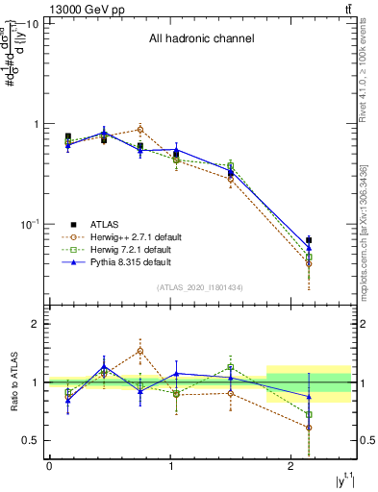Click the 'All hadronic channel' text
(201, 39)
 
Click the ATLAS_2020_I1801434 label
(200, 287)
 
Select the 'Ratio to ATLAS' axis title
(13, 382)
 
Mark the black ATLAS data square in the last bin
(309, 240)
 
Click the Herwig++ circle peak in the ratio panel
(140, 351)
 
